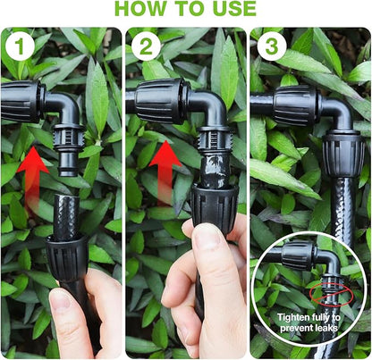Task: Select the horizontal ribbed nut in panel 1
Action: click(x=20, y=100)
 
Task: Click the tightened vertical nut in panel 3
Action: click(x=342, y=160)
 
